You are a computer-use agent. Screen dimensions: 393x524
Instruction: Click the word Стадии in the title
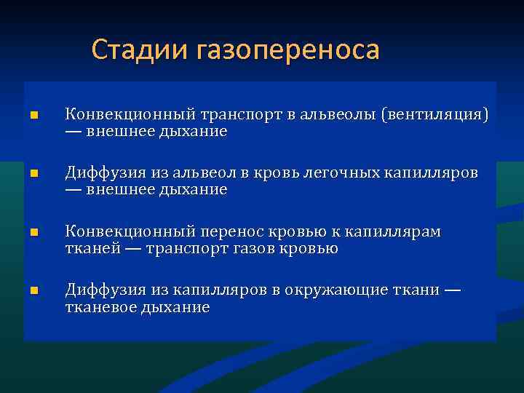click(139, 50)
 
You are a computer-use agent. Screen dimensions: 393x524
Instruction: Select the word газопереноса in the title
click(287, 51)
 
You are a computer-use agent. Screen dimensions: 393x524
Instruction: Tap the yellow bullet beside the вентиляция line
click(33, 116)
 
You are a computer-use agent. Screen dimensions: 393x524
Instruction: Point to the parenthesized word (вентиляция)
click(437, 115)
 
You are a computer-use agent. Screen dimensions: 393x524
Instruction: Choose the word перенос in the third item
click(229, 232)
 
